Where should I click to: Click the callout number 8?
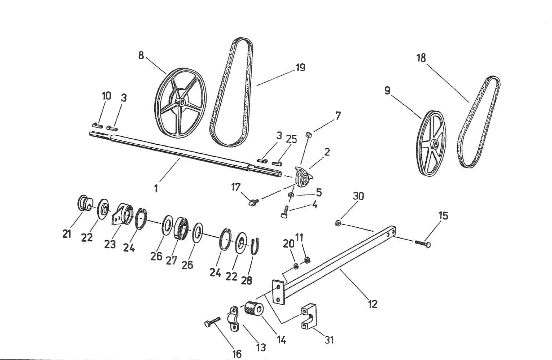(x=141, y=55)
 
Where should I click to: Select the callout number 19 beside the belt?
(x=300, y=68)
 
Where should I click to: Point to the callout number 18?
(x=421, y=58)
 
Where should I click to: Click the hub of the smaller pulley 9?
(x=434, y=144)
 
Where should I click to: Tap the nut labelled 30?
(x=337, y=222)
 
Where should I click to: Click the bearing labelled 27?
(x=181, y=227)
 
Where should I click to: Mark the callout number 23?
(x=110, y=244)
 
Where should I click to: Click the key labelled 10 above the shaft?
(x=97, y=125)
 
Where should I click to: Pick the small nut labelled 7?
(x=308, y=134)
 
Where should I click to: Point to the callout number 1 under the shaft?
(x=156, y=188)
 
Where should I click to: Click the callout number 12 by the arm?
(x=373, y=304)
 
